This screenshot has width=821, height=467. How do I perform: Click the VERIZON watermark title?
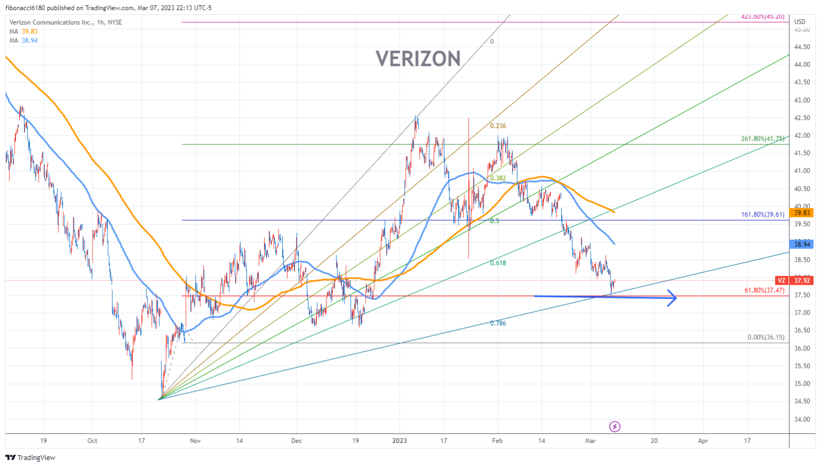coord(418,59)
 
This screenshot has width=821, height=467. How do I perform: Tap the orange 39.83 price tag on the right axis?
coord(802,213)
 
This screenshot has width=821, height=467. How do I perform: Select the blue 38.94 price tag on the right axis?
coord(802,244)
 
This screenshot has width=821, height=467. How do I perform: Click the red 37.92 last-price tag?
coord(801,280)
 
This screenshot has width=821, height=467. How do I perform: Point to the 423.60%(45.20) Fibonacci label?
coord(762,17)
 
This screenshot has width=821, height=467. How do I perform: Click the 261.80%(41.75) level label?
coord(762,139)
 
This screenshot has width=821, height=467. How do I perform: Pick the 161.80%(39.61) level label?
coord(762,215)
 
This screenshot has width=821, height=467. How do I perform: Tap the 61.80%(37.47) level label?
coord(764,290)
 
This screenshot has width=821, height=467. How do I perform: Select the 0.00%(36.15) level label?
coord(765,338)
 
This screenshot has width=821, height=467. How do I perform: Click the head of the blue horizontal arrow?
coord(673,298)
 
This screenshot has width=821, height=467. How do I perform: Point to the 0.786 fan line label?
coord(498,323)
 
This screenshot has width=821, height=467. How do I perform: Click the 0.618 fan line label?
coord(498,263)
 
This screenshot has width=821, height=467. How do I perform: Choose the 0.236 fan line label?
coord(498,126)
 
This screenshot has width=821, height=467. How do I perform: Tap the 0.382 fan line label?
coord(498,178)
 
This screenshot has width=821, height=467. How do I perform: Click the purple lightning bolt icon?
coord(615,426)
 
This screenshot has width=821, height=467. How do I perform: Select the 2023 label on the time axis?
coord(399,441)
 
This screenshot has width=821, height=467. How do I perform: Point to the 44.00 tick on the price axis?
coord(802,65)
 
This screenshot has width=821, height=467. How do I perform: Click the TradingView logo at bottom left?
coord(30,457)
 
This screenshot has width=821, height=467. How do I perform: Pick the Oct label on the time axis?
coord(92,441)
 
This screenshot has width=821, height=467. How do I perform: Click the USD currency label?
coord(800,22)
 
